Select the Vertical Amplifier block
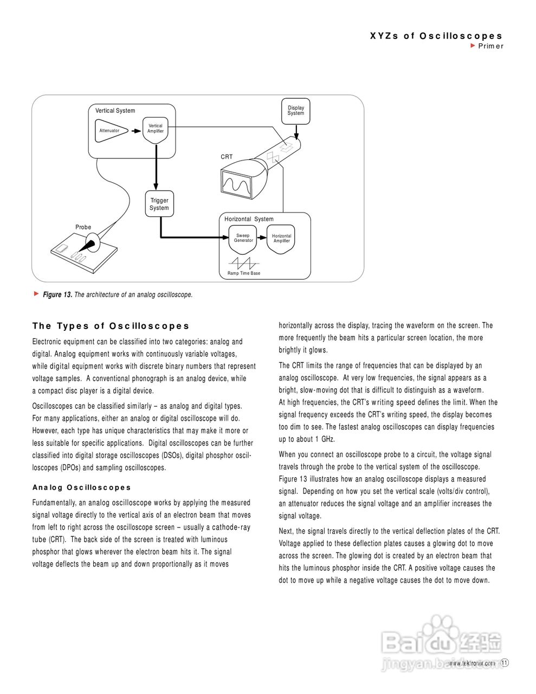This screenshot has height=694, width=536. [156, 129]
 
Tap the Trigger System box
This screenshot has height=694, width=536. [159, 204]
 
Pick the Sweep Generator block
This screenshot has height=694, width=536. [243, 240]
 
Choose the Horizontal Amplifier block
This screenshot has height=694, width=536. [281, 239]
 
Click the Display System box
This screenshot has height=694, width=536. [296, 111]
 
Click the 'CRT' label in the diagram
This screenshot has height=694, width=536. [227, 157]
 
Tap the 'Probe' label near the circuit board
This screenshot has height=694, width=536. [83, 227]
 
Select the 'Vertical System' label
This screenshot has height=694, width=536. [115, 111]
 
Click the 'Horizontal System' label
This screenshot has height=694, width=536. [249, 219]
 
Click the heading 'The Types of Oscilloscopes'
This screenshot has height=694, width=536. [111, 326]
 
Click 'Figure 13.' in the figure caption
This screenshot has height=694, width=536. [57, 295]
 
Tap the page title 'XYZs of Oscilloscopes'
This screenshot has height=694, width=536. [436, 36]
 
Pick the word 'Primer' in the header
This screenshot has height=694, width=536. [490, 46]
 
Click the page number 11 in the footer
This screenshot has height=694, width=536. [505, 663]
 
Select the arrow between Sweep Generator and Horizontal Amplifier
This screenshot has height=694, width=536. [261, 237]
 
